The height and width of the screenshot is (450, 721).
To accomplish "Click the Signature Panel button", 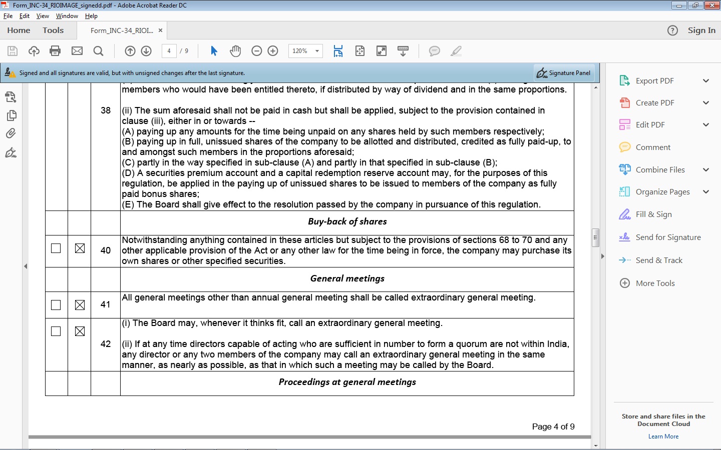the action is point(564,73).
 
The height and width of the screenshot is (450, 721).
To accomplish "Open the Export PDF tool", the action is point(654,81).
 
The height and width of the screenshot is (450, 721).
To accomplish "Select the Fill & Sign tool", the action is point(653,214).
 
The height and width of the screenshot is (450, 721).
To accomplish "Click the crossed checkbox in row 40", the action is point(80,248).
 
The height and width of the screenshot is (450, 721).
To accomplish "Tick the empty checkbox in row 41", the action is point(56,305).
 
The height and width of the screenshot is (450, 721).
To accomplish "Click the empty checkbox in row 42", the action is point(56,331).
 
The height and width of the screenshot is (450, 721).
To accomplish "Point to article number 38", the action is point(106,110).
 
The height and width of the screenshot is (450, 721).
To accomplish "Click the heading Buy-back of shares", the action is point(347,221).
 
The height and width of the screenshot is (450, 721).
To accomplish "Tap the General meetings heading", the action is point(347,278).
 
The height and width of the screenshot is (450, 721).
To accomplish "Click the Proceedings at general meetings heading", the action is point(347,382).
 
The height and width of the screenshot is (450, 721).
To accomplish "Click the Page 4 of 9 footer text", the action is point(553,426).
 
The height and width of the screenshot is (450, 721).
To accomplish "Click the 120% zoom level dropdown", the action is point(305,51).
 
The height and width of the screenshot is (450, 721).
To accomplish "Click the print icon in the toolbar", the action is point(56,51).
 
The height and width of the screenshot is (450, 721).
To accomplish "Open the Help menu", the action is point(91,16).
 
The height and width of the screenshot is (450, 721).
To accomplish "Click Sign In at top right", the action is point(701,30).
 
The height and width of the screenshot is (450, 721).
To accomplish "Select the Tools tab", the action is point(53,30).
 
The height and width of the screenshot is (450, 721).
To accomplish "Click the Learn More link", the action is point(663,436).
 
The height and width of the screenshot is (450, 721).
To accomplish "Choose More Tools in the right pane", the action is point(655,283).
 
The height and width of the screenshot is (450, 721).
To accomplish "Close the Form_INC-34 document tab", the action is point(160,30).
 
